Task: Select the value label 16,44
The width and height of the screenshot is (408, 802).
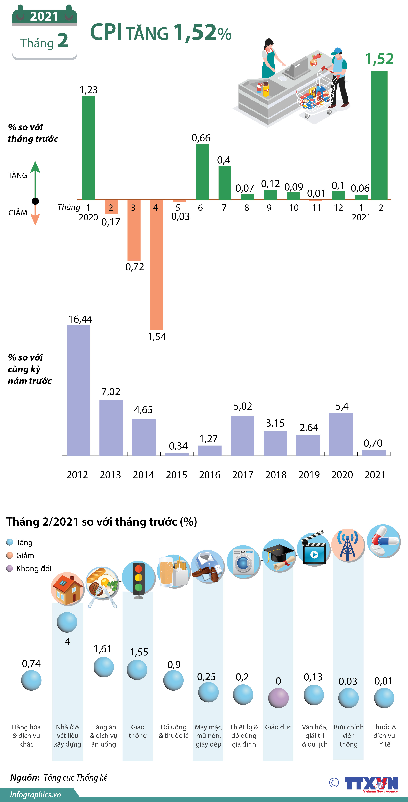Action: [x=80, y=319]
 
